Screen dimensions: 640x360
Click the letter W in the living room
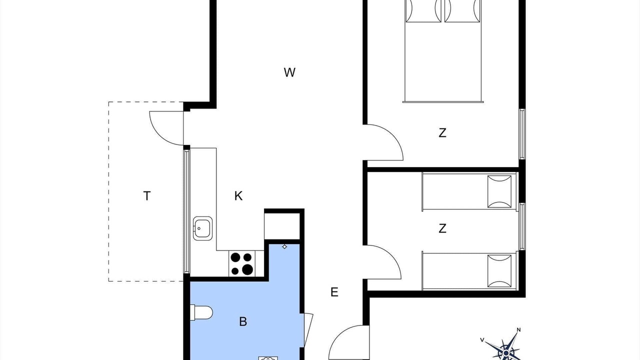289,72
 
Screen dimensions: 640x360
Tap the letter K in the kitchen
238,196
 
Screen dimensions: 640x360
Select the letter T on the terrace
146,196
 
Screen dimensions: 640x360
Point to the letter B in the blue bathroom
243,321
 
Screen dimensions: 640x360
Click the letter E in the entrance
334,292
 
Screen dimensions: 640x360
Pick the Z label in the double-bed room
442,133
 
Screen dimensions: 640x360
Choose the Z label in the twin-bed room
442,228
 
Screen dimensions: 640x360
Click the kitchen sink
202,228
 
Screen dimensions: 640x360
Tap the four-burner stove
241,263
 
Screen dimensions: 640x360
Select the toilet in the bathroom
201,312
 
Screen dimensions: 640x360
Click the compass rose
505,347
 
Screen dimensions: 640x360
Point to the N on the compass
519,330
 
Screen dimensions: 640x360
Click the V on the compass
482,339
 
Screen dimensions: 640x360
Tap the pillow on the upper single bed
499,191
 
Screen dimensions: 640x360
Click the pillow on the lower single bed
499,271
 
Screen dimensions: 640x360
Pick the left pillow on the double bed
423,11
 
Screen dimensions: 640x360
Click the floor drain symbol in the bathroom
284,246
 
